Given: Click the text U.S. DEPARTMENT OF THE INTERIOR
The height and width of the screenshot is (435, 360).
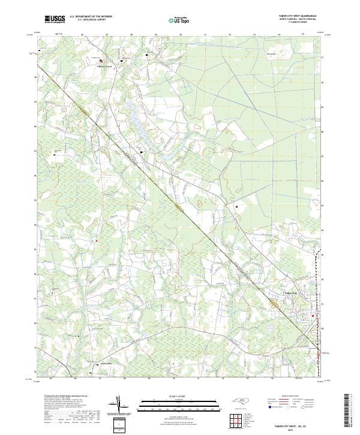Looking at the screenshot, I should pos(91,16).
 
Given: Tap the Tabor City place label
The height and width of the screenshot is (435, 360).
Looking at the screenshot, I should pos(290,292).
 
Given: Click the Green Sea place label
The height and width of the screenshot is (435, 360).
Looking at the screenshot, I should pos(106,363).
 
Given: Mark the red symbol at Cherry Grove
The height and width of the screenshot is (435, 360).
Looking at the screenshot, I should pos(101,61).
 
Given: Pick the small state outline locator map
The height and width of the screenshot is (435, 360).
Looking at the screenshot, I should pos(239,402).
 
